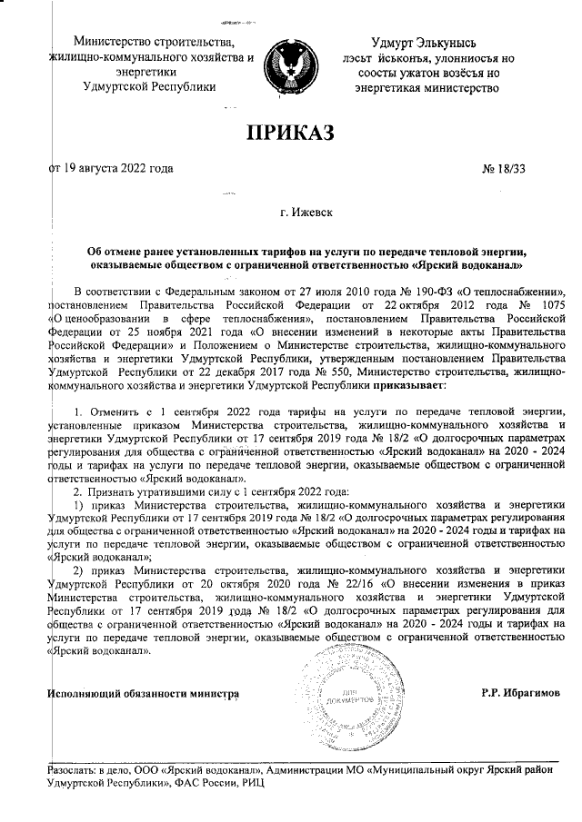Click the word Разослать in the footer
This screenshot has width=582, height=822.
[75, 770]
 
